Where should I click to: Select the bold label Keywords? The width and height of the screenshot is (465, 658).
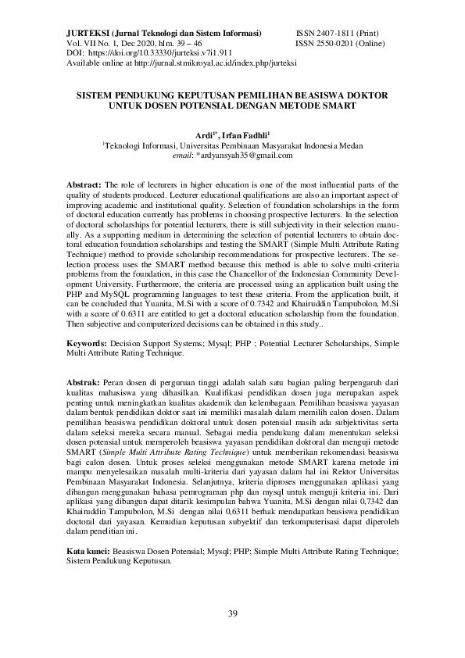click(85, 342)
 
